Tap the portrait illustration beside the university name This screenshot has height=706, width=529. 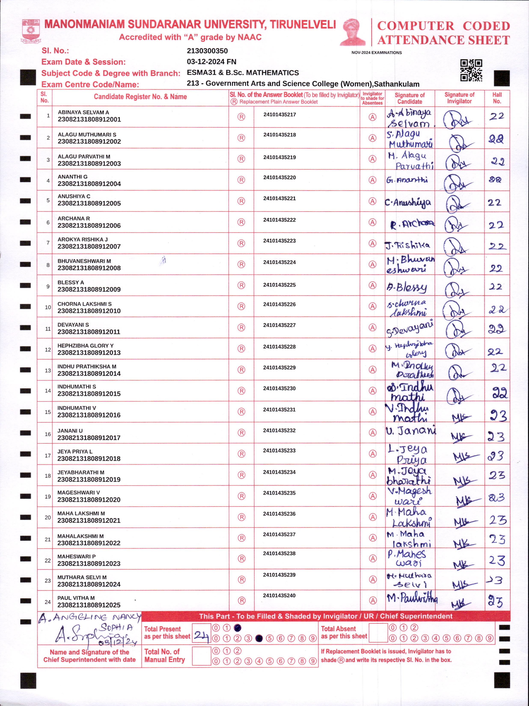pyautogui.click(x=353, y=32)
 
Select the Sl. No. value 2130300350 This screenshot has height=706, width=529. pyautogui.click(x=207, y=51)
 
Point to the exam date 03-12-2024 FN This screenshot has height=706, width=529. pyautogui.click(x=211, y=62)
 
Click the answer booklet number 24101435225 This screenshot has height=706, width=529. pyautogui.click(x=279, y=285)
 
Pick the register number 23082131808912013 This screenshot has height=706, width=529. pyautogui.click(x=89, y=353)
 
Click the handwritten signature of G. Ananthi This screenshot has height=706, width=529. pyautogui.click(x=407, y=180)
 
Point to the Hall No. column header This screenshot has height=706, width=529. pyautogui.click(x=497, y=98)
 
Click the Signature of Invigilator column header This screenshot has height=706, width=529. pyautogui.click(x=459, y=98)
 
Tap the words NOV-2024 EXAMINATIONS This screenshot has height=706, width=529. pyautogui.click(x=377, y=53)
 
